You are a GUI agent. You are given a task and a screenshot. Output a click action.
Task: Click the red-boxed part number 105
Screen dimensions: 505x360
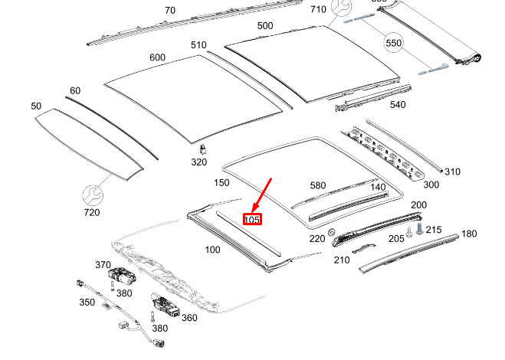252,219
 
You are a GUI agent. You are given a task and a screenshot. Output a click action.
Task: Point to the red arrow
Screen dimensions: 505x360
262,195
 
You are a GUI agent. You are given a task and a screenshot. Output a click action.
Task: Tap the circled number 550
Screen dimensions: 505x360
394,43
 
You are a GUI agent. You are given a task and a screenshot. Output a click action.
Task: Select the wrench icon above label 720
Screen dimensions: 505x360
93,195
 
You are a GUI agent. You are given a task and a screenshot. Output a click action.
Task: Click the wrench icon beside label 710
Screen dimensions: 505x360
341,7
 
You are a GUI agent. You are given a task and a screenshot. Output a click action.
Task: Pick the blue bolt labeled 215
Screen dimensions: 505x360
419,228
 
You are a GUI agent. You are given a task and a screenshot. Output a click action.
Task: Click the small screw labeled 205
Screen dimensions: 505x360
409,232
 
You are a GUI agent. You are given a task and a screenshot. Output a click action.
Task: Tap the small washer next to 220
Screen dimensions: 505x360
331,232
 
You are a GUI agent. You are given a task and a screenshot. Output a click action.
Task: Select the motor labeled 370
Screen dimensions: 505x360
121,277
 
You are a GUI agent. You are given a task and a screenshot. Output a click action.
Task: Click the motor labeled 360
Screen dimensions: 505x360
166,306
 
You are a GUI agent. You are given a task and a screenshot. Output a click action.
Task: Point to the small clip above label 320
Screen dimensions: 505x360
202,149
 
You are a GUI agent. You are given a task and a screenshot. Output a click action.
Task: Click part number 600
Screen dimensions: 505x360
158,57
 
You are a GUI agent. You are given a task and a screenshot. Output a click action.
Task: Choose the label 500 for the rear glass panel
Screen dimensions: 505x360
265,25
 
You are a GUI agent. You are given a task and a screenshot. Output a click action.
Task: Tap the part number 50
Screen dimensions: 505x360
36,106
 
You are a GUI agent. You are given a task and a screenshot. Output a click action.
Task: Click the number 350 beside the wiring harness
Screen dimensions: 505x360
87,303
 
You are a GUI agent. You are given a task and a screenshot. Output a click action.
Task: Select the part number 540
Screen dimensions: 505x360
398,105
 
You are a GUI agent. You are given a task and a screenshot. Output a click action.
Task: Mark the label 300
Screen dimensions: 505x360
431,185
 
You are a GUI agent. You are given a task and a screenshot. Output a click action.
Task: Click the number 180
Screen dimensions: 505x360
469,234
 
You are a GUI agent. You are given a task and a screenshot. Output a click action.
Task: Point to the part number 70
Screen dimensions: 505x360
170,11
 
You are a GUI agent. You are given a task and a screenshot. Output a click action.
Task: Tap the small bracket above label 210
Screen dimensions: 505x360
364,248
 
